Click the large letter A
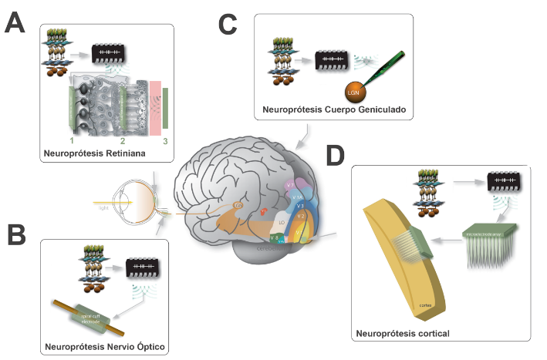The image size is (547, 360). coord(18,22)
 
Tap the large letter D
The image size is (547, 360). coord(335,156)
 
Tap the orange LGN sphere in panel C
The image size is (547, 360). coord(353,91)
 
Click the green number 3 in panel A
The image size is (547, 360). coord(165,140)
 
